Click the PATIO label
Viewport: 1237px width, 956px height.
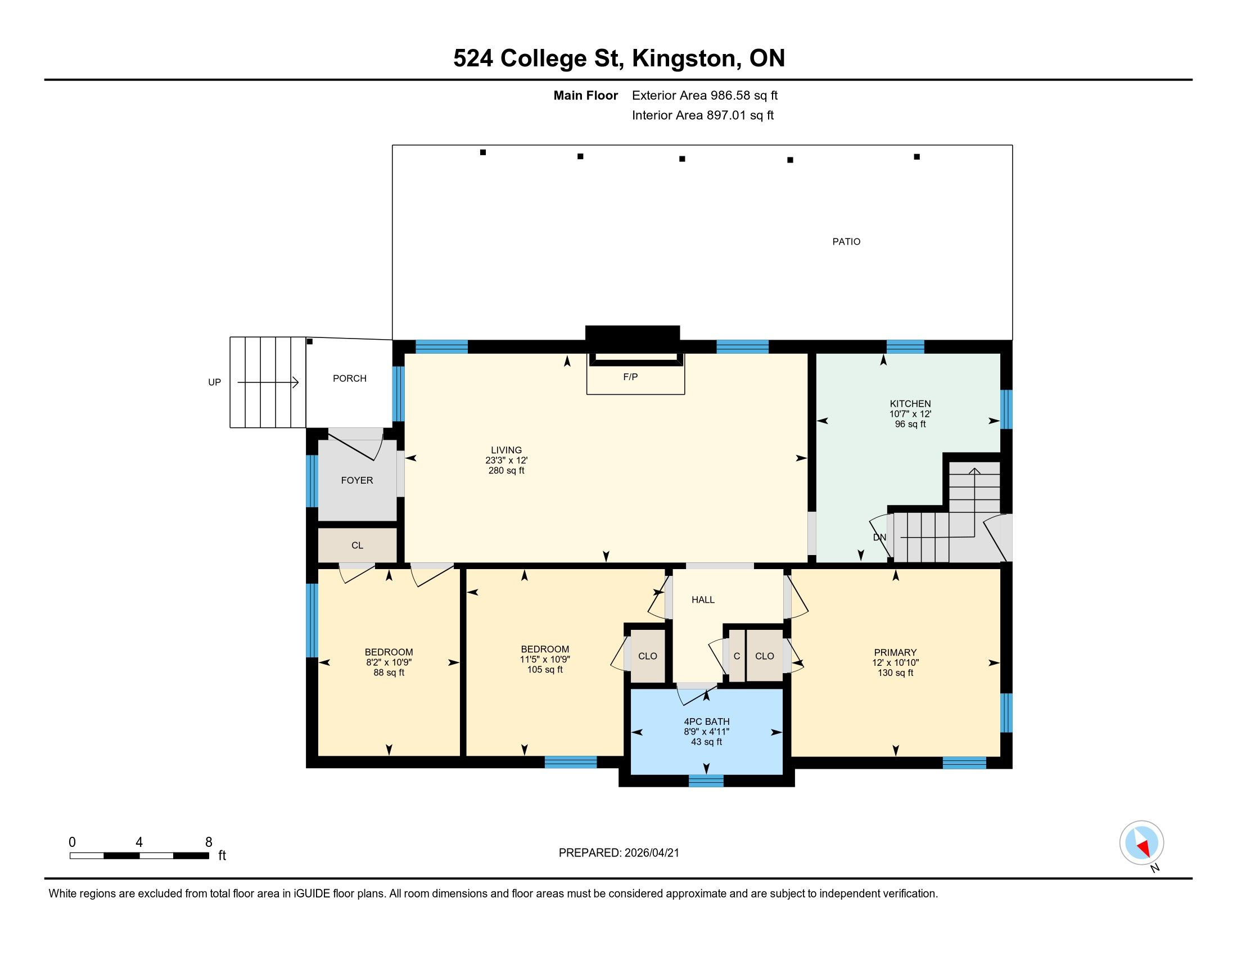846,242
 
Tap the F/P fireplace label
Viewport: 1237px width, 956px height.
630,377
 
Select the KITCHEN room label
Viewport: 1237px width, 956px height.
910,404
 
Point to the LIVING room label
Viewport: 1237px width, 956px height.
507,450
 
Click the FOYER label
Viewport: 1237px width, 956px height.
357,480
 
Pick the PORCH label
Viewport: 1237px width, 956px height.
350,378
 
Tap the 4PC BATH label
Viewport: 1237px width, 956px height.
707,721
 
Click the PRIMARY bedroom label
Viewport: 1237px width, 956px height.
895,652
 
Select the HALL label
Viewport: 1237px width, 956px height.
703,600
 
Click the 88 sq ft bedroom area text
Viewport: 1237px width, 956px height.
389,673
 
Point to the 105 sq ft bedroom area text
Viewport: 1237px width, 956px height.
545,669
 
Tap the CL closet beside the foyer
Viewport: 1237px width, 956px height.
358,545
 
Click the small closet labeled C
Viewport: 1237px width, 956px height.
737,656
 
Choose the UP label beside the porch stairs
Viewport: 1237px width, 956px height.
215,382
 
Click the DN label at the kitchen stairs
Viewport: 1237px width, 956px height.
879,538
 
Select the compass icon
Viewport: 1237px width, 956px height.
1142,843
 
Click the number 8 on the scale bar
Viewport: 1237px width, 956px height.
209,842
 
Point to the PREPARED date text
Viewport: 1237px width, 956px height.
618,853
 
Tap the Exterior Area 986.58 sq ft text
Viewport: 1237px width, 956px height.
705,95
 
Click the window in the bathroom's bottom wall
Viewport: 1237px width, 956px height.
706,781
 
